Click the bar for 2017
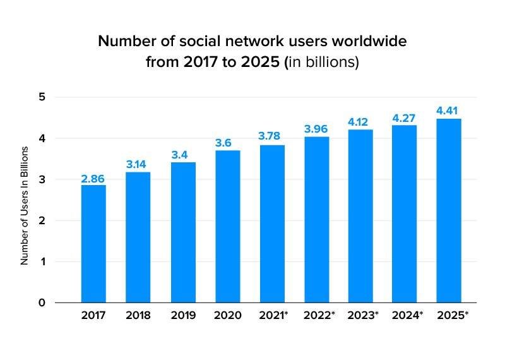coord(93,243)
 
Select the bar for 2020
coord(227,226)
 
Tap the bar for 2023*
coord(361,216)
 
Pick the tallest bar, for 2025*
coord(449,210)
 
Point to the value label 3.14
coord(138,165)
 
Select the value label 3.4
coord(183,155)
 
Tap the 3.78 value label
coord(271,136)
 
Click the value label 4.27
coord(404,118)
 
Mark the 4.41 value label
coord(449,111)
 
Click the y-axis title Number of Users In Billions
coord(25,205)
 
